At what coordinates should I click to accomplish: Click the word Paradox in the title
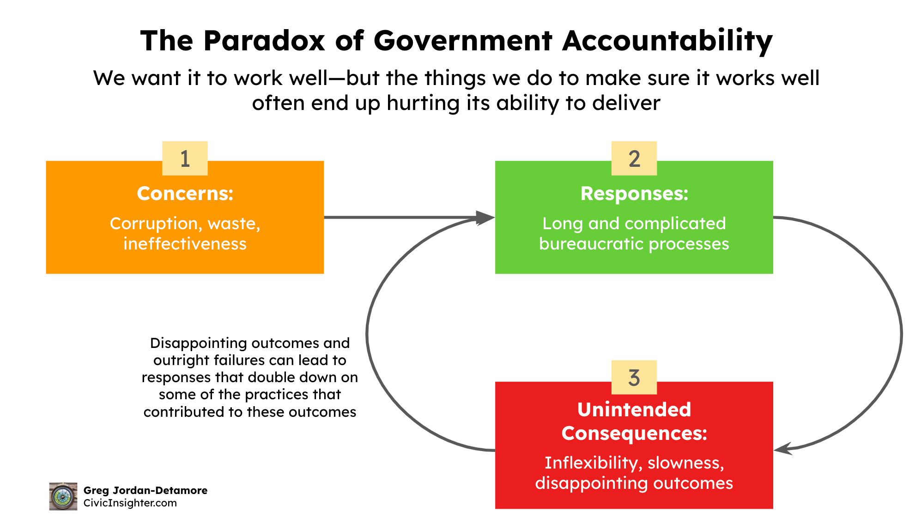(264, 41)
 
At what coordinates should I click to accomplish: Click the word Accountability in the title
(667, 41)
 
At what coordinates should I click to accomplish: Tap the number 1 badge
(185, 158)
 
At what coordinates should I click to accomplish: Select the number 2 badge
(634, 158)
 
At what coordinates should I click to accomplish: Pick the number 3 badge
(634, 378)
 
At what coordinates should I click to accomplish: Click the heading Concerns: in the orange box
(185, 194)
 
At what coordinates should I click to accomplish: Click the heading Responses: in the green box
(634, 194)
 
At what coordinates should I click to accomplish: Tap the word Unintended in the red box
(634, 410)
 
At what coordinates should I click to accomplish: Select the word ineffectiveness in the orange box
(185, 244)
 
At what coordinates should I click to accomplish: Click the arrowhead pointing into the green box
(485, 217)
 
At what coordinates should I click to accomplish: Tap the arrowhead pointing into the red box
(783, 448)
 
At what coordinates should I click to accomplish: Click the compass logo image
(63, 496)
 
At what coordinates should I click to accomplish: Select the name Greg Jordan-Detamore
(145, 490)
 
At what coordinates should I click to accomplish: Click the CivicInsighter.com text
(130, 503)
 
